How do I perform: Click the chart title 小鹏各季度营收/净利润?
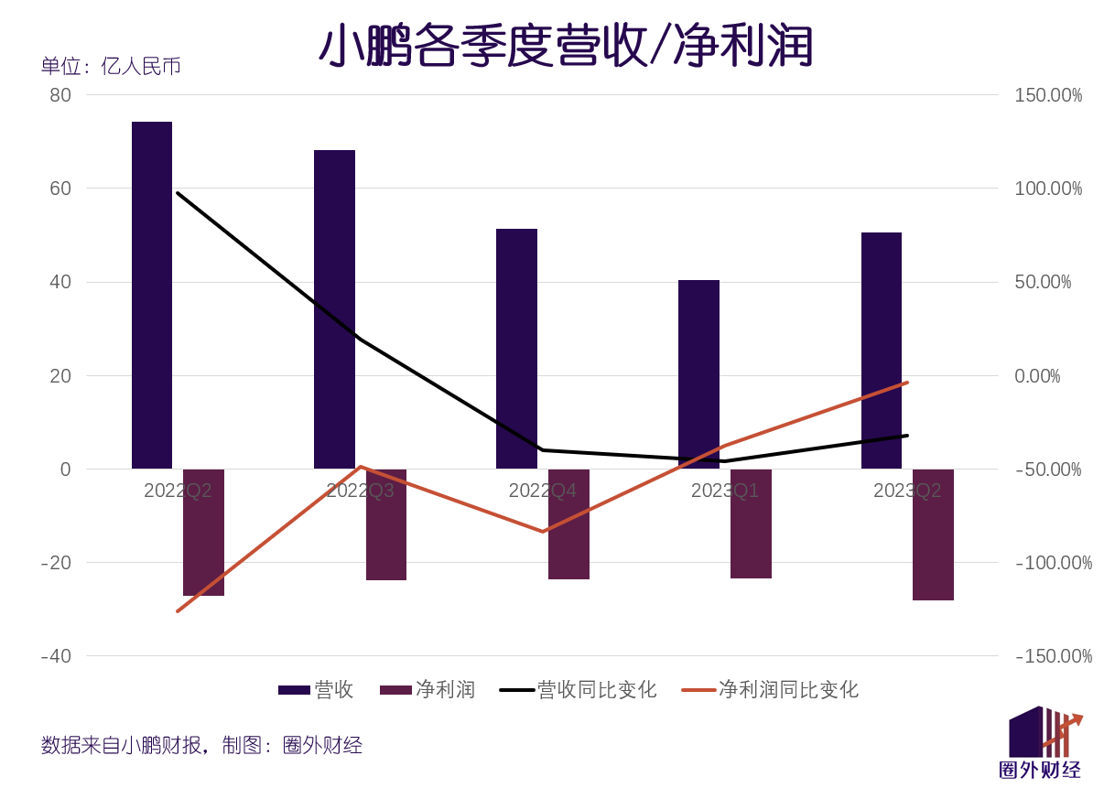click(566, 46)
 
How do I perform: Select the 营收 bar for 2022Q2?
click(152, 295)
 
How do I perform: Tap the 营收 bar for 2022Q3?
click(334, 309)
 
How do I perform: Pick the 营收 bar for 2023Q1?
click(698, 374)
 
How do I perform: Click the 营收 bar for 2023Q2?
click(882, 351)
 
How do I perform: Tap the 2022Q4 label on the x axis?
click(542, 491)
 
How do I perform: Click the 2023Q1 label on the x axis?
click(724, 491)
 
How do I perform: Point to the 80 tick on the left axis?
click(60, 95)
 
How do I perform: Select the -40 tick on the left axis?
click(56, 656)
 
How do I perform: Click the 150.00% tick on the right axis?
click(1048, 95)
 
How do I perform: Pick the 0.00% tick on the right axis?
click(1037, 376)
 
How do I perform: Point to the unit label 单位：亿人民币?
click(111, 66)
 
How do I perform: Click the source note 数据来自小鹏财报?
click(124, 745)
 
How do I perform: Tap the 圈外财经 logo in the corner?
click(1042, 743)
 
